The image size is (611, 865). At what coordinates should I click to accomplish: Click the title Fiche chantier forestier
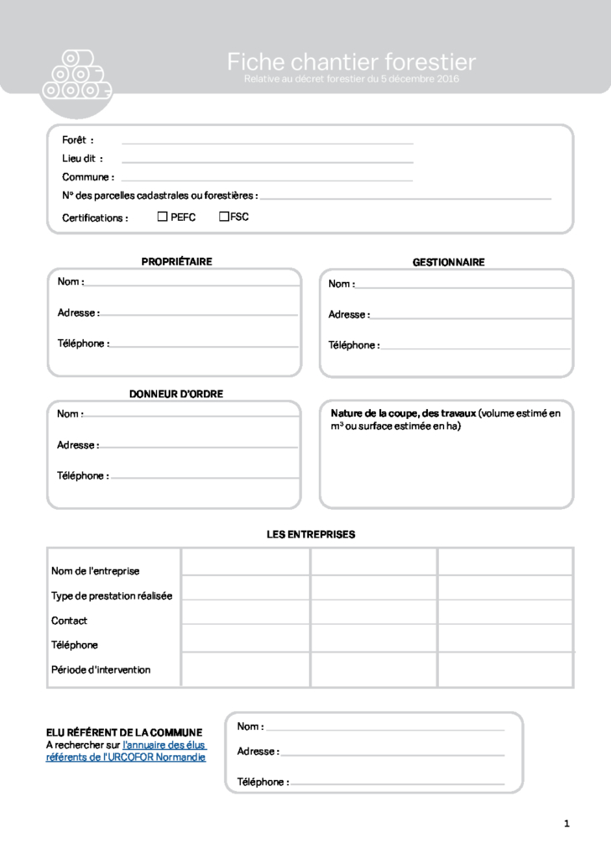[x=351, y=61]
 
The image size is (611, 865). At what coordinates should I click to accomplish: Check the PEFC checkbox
[x=163, y=217]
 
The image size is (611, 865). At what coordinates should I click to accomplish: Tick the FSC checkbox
[x=224, y=217]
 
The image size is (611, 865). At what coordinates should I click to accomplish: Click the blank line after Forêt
[x=267, y=142]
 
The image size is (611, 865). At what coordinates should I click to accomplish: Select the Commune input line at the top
[x=267, y=179]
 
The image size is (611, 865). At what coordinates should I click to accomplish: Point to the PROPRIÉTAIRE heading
[x=176, y=262]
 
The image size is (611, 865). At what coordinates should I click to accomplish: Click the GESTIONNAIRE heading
[x=448, y=263]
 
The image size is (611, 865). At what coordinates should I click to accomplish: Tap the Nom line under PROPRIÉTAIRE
[x=191, y=284]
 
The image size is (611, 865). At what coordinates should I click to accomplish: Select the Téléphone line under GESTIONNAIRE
[x=474, y=346]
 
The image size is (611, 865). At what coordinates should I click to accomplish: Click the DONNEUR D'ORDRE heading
[x=176, y=394]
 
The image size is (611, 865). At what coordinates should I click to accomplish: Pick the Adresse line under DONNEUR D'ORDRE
[x=198, y=446]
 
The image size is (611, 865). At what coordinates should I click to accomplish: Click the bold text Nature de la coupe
[x=403, y=413]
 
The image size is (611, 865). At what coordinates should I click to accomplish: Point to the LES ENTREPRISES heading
[x=311, y=535]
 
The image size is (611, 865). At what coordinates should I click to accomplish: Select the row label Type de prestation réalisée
[x=112, y=596]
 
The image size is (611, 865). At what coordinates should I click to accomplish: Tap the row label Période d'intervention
[x=101, y=670]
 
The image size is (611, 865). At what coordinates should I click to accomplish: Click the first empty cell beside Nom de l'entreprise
[x=245, y=562]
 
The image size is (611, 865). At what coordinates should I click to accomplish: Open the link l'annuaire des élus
[x=164, y=745]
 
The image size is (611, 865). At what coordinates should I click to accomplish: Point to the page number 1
[x=567, y=824]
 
